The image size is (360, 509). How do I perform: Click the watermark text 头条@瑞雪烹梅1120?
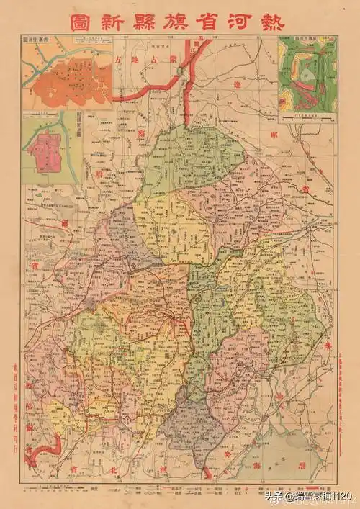pos(317,497)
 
